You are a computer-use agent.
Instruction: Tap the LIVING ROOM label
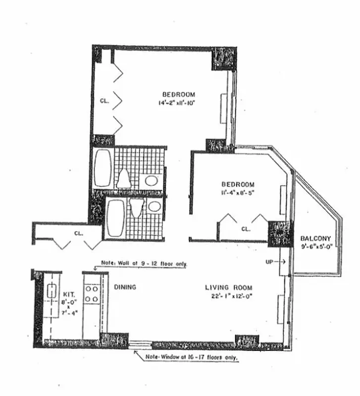(x=229, y=288)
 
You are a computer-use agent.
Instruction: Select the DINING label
(x=125, y=287)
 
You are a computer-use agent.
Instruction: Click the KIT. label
(x=68, y=293)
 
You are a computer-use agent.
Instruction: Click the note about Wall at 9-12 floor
(x=144, y=264)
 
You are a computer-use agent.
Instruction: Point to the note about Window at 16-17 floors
(x=193, y=357)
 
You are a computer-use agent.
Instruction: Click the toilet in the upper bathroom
(x=123, y=178)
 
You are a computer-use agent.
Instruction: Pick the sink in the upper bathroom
(x=152, y=181)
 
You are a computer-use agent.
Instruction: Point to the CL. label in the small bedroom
(x=246, y=229)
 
